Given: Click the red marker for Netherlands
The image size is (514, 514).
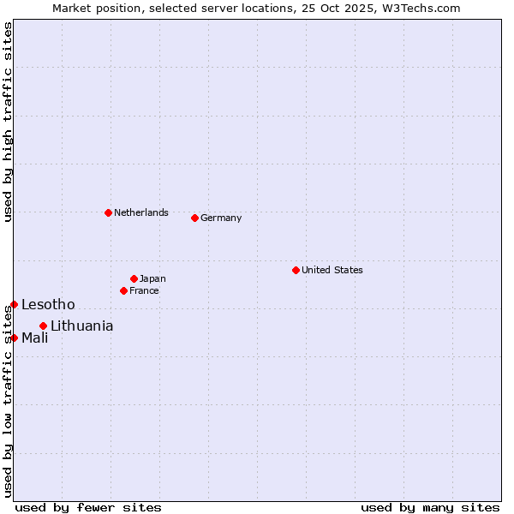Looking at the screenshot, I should tap(108, 212).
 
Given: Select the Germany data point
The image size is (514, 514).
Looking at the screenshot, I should tap(194, 218).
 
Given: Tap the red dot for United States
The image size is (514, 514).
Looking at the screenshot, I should tap(296, 270).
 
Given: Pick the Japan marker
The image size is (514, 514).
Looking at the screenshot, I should tap(134, 278).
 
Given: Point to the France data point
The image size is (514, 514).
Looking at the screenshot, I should tap(123, 290).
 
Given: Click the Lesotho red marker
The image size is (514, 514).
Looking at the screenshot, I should tap(14, 304).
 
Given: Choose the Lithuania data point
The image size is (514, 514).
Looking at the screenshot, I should tap(43, 326).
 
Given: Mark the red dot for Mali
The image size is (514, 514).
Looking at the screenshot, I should tap(14, 338).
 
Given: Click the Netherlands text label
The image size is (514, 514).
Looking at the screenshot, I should tap(141, 212).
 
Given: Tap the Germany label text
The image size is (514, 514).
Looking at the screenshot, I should tap(221, 218).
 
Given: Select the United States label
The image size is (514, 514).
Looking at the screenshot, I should tap(332, 270).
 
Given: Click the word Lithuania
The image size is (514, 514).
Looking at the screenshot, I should tap(82, 326).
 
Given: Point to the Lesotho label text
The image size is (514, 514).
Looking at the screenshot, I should tap(48, 304).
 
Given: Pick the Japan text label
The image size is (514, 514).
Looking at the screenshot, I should tap(152, 278).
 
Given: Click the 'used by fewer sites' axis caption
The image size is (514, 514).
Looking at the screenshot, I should tap(88, 507).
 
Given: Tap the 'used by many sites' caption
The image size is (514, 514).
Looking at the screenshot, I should tap(430, 507).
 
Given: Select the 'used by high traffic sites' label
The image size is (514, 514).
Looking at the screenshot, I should tap(8, 122).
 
